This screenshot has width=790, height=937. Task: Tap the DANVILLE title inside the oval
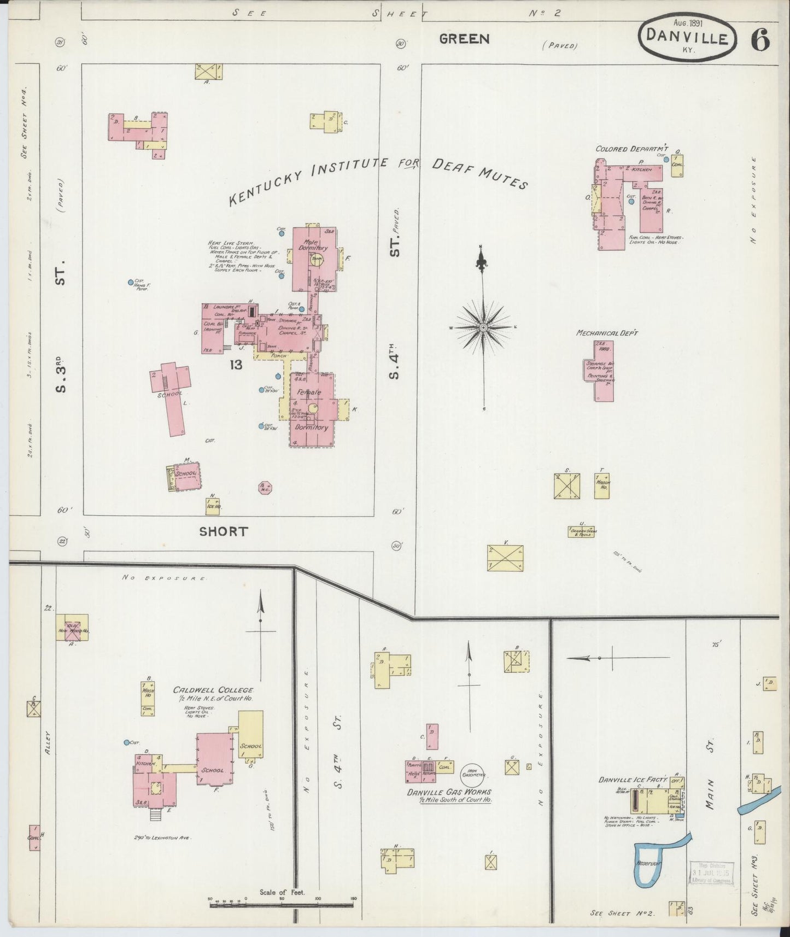687,38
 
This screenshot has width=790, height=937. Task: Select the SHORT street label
223,531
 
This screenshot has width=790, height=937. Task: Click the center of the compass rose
483,327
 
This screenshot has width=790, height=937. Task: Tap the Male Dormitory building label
313,244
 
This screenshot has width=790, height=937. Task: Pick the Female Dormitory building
312,410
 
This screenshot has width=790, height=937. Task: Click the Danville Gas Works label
448,792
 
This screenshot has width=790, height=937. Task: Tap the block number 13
236,365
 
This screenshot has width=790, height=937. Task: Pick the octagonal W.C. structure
265,487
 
